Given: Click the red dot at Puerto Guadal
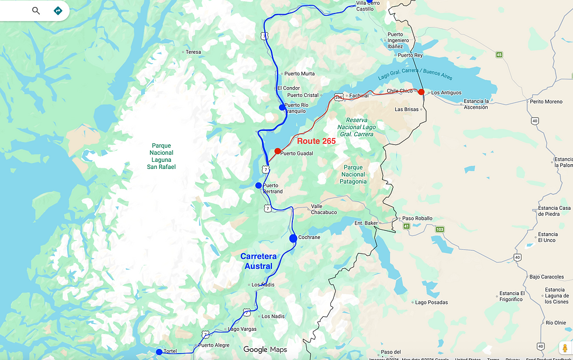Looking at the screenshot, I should point(278,151).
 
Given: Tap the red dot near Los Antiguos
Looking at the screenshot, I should point(421,92).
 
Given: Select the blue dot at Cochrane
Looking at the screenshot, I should point(293,238).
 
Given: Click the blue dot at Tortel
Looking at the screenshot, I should point(159,352).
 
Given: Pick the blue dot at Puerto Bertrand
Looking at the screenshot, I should point(258,185).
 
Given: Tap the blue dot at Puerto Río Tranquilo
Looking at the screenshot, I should point(282,107).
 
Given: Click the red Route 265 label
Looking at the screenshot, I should point(316,141).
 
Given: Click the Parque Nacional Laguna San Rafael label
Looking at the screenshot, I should point(161,156).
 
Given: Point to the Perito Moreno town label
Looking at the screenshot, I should point(546,102).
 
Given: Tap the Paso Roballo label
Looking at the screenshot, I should point(417,219).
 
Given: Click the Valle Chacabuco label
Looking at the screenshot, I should point(323,209).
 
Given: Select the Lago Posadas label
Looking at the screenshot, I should point(431,302).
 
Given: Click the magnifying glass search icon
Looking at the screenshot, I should point(36,11).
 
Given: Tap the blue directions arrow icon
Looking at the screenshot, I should point(57,11).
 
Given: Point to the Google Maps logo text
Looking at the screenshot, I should point(265,349).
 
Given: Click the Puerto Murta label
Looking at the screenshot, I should point(299,74).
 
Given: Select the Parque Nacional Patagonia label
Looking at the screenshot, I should point(353,174).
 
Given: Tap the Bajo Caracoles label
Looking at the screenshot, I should point(547,276).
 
